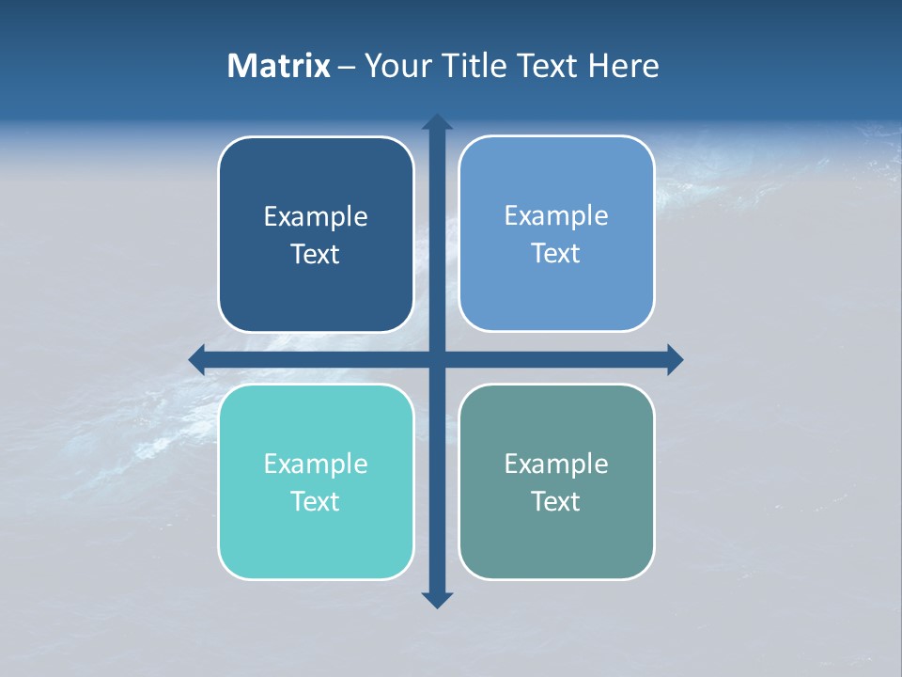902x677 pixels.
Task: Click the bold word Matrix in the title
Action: pos(279,66)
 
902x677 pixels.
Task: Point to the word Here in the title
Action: pos(624,66)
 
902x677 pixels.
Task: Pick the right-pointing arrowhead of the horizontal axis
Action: pos(675,359)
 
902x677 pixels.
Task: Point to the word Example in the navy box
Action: pos(316,217)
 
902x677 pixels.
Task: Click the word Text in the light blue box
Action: pos(556,254)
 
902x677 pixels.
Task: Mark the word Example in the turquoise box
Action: pos(316,464)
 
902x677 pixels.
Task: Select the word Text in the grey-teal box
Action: pos(556,502)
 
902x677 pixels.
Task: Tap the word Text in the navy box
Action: pos(316,255)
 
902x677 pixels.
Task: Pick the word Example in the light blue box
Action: pos(556,216)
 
